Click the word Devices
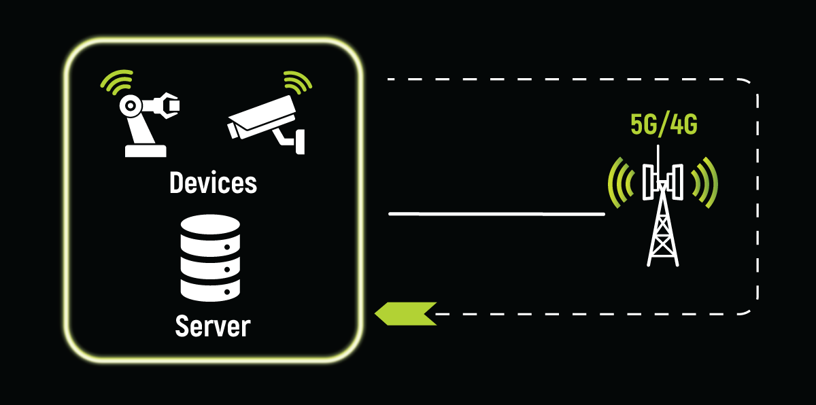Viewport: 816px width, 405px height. [213, 183]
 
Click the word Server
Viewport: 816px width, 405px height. [213, 326]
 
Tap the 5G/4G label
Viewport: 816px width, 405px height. [664, 126]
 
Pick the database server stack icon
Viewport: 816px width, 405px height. [211, 258]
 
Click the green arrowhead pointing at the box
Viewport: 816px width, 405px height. [405, 313]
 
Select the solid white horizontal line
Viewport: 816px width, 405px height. [496, 214]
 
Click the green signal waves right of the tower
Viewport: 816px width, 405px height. [704, 182]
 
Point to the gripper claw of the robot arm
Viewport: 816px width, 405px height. [171, 105]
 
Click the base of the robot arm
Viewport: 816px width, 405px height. [146, 150]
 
